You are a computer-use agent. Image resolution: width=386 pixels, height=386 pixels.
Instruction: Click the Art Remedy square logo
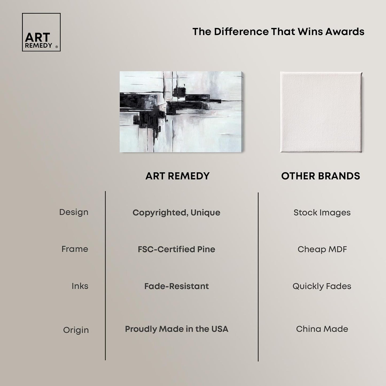tap(41, 32)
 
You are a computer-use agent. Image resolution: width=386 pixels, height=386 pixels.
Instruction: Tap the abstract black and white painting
tap(182, 112)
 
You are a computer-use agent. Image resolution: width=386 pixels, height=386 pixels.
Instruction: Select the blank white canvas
tap(321, 112)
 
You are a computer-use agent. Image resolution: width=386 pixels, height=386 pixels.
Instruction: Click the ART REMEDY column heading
tap(177, 176)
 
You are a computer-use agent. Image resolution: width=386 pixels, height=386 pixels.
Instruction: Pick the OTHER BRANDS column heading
tap(321, 176)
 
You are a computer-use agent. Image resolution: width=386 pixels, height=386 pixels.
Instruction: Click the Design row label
tap(74, 212)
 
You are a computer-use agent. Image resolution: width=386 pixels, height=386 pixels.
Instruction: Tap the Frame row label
tap(75, 249)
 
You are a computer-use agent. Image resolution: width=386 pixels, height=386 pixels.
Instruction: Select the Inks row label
tap(80, 286)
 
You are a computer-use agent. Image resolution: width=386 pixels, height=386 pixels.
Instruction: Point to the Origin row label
tap(76, 330)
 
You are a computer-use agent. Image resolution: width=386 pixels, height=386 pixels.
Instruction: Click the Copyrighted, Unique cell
tap(177, 213)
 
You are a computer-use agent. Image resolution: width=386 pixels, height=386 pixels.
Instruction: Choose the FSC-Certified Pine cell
tap(177, 249)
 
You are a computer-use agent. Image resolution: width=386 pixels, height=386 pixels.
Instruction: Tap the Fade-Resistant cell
tap(177, 286)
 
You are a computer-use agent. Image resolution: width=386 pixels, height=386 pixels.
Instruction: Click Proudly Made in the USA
tap(177, 329)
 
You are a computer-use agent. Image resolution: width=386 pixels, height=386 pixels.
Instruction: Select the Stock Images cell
tap(322, 213)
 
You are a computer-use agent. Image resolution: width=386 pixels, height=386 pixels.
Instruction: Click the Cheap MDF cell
tap(322, 249)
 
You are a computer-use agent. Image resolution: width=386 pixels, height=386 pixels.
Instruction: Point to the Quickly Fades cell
tap(322, 286)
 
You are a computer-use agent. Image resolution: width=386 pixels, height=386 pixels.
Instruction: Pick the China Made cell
tap(322, 329)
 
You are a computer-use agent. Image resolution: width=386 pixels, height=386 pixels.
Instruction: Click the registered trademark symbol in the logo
tap(56, 47)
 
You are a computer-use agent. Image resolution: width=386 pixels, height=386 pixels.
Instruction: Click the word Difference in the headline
tap(241, 32)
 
